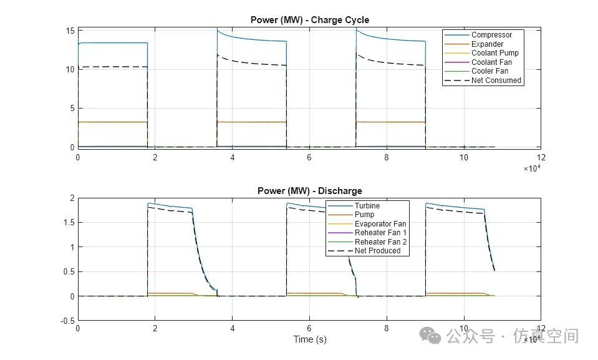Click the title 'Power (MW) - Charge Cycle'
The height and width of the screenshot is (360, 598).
309,19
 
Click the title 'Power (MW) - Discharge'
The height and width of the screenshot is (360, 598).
309,190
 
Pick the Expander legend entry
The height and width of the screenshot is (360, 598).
487,44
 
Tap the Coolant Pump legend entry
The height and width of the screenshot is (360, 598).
494,53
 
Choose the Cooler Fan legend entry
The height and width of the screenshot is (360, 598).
489,71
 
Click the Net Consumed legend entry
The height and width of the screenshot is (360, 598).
496,80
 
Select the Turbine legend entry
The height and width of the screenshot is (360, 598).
367,206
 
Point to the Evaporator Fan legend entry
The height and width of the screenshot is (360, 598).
380,224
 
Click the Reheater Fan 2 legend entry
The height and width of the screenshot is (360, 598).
380,242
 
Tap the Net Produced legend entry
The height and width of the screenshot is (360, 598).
378,251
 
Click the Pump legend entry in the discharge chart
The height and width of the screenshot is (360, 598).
365,215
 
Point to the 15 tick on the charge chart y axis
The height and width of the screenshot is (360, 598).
70,31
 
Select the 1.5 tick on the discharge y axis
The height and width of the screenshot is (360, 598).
69,223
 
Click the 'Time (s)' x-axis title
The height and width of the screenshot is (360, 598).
310,340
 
